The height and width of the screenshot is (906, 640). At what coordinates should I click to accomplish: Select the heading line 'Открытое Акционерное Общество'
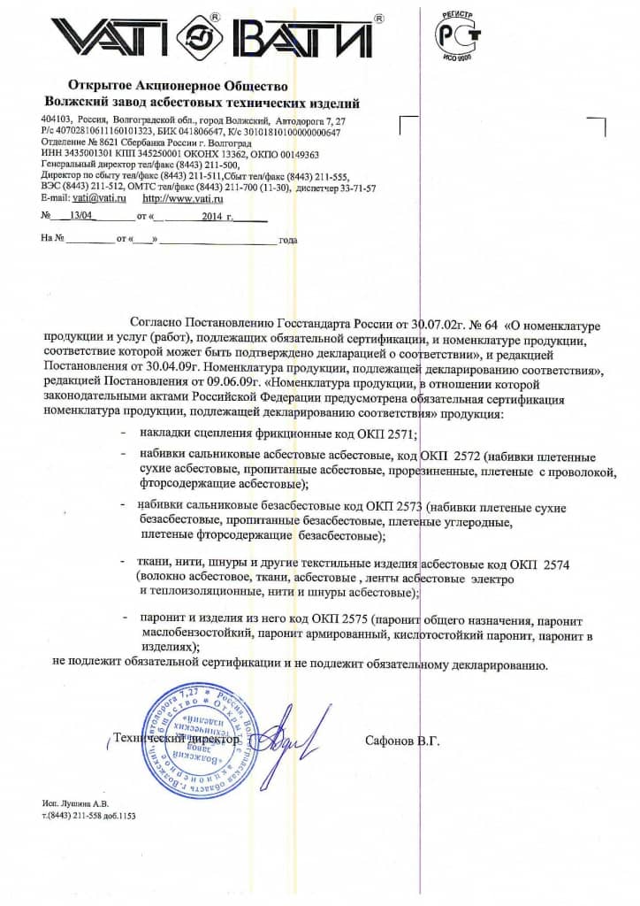[x=178, y=86]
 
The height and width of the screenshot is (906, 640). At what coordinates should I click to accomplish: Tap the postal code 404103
[x=57, y=119]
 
